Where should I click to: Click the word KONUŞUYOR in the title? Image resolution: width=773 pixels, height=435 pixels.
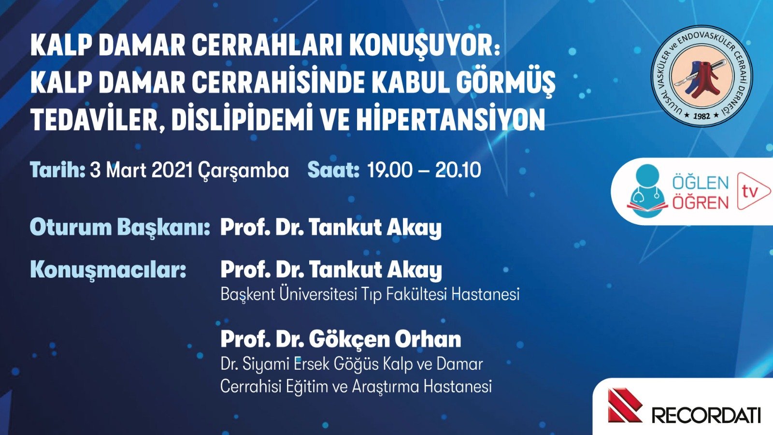point(424,46)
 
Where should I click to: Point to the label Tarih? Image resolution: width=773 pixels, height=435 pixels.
point(57,170)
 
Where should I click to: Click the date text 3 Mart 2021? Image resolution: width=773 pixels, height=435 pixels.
point(142,170)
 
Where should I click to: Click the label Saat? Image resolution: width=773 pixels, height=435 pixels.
point(333,170)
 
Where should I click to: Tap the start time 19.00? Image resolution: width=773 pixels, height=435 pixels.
point(390,170)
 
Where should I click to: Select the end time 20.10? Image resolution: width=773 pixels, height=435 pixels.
point(458,170)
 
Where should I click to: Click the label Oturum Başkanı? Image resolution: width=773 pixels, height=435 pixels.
point(120,227)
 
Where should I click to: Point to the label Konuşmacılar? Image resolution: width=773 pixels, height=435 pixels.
point(108,270)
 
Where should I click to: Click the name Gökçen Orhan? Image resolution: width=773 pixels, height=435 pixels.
point(385,339)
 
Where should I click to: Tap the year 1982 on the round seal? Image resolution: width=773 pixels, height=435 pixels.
point(701,116)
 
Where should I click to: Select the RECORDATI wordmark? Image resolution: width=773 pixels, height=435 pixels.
point(706,415)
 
